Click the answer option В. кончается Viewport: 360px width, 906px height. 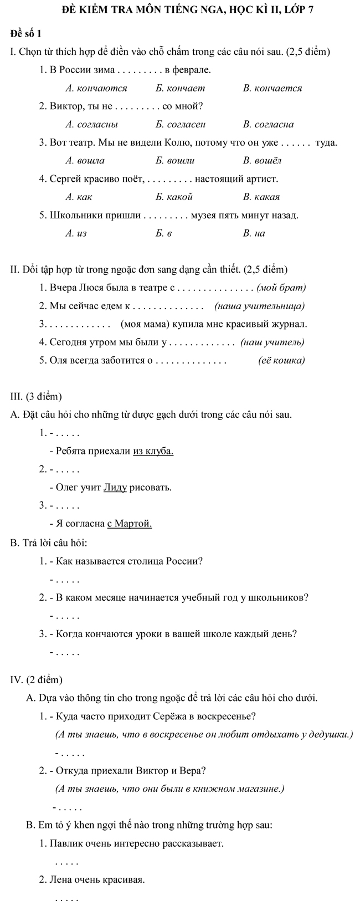point(272,88)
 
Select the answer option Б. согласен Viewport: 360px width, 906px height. point(181,124)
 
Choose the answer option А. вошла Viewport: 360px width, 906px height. point(85,161)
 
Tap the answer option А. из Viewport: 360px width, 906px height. point(76,233)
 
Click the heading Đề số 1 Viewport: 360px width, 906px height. point(26,34)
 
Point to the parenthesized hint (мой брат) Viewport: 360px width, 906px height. point(282,288)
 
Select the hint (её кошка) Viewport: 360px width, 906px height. point(282,361)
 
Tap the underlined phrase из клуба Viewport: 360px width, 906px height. point(153,451)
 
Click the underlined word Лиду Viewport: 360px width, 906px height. point(115,488)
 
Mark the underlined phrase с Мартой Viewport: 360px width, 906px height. point(129,524)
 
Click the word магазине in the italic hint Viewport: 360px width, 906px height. point(263,788)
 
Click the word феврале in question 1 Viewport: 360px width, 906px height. point(192,70)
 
